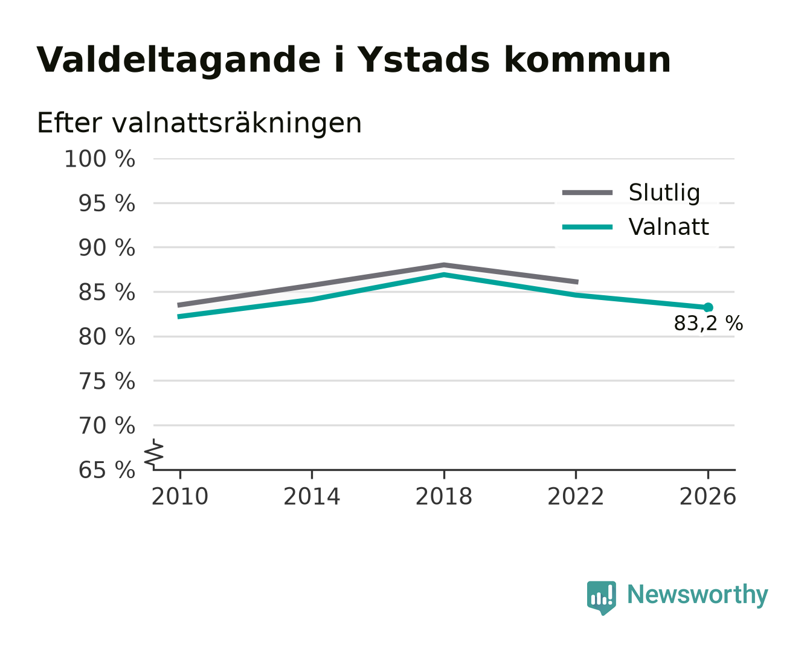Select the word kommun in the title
(x=587, y=59)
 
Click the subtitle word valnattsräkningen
(x=237, y=123)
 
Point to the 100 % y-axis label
(x=100, y=159)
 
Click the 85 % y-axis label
(x=106, y=292)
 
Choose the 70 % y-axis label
(x=106, y=426)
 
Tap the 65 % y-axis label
(x=106, y=470)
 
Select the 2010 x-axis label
(x=180, y=496)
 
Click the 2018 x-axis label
(x=443, y=496)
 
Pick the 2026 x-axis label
(x=707, y=496)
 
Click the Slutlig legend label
(x=664, y=193)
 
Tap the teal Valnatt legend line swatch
(x=587, y=227)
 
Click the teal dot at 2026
(x=708, y=307)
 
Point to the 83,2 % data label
(x=708, y=324)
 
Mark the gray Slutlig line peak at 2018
(x=443, y=265)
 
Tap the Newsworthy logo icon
(x=601, y=598)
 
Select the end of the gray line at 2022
(x=577, y=282)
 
